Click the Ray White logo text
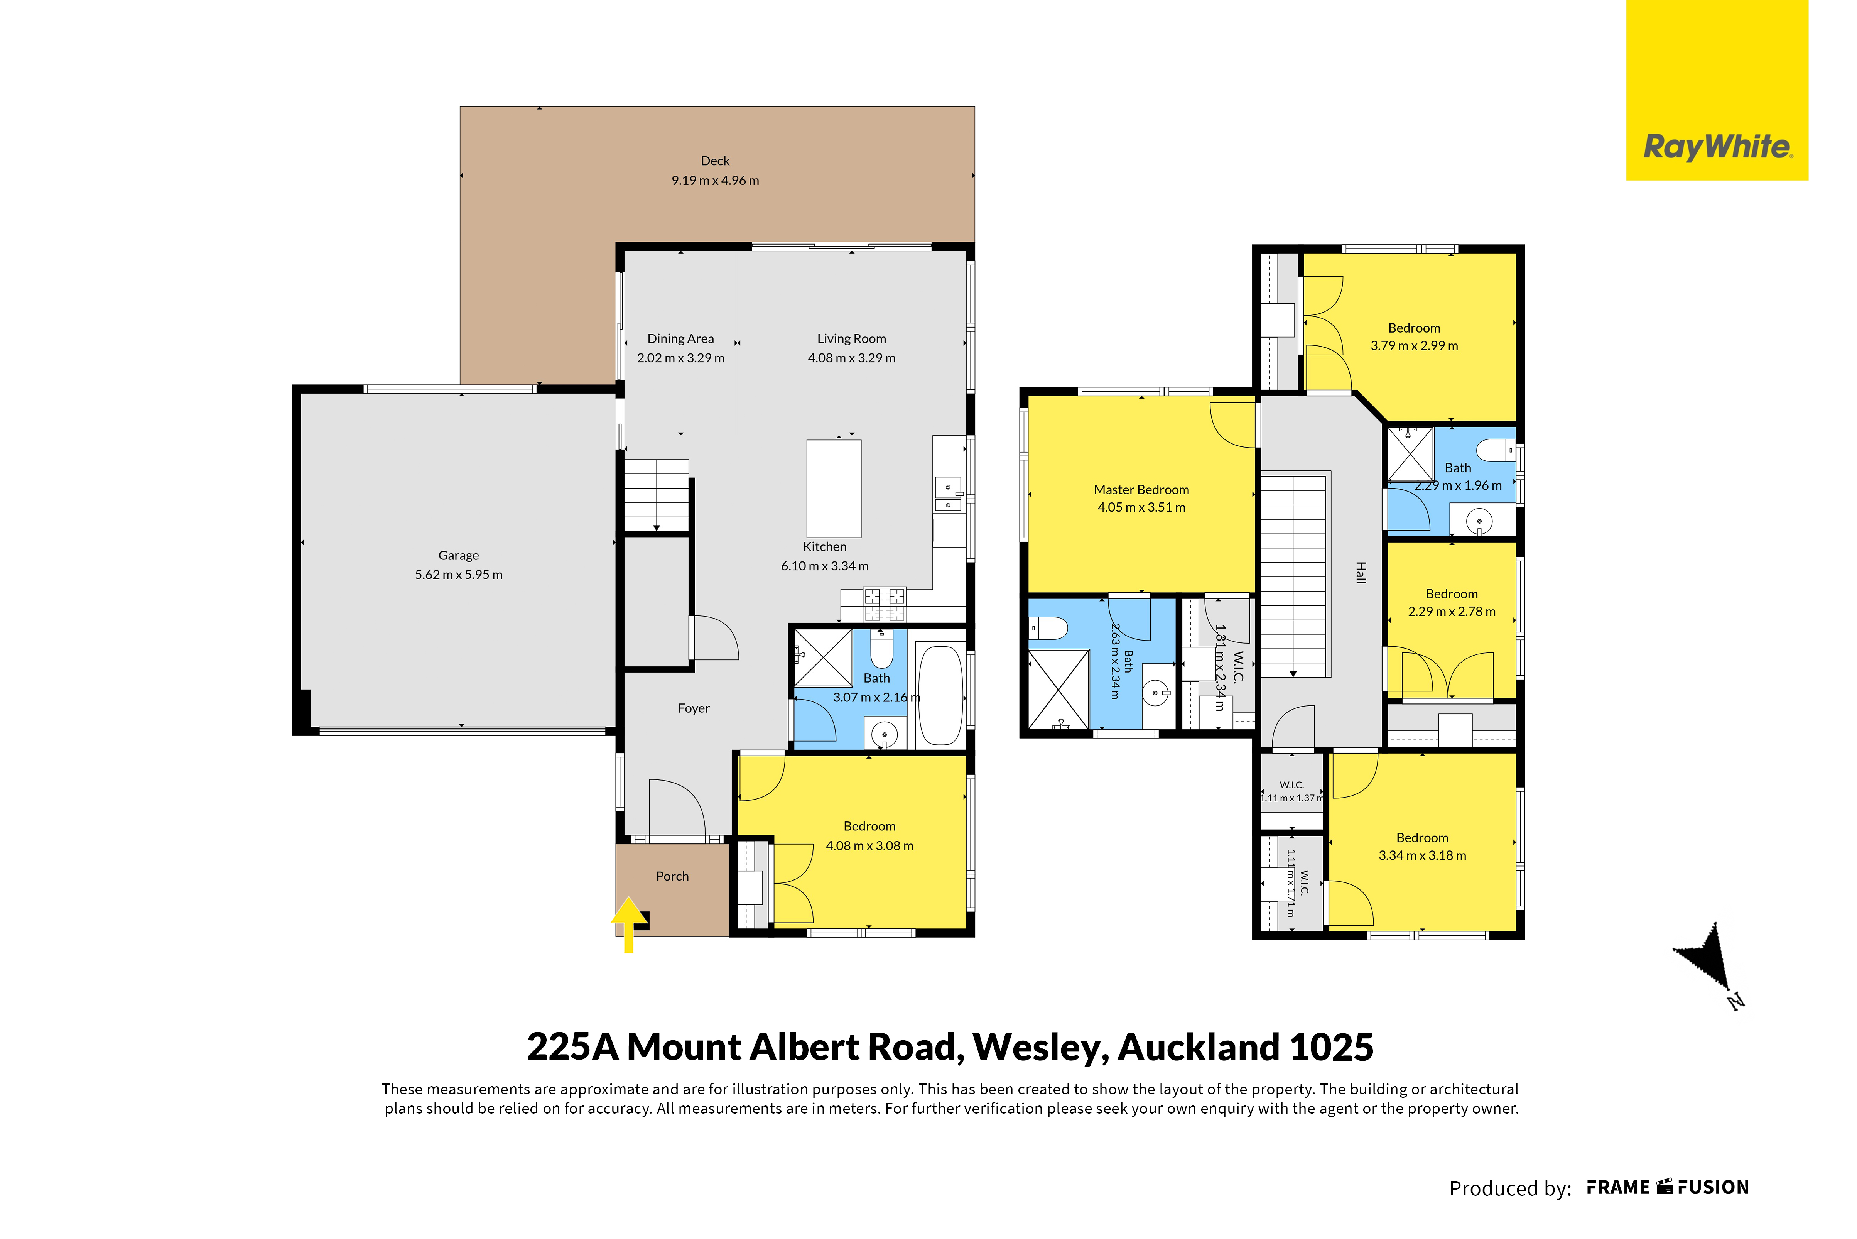click(x=1717, y=147)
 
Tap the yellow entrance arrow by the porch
click(x=629, y=925)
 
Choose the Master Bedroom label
click(x=1141, y=490)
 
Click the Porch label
click(x=672, y=876)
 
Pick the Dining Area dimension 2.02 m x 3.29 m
click(x=681, y=358)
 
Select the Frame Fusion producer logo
click(x=1668, y=1188)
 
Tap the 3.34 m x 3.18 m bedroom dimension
click(x=1422, y=856)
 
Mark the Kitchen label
click(x=825, y=547)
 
